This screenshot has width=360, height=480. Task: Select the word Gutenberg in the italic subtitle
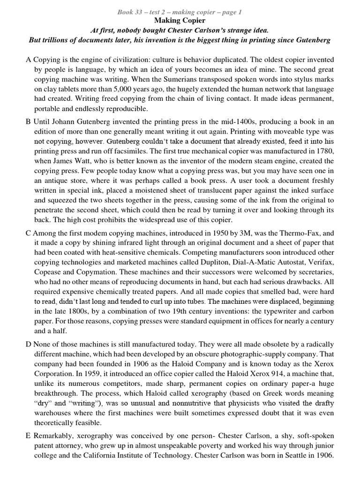(314, 40)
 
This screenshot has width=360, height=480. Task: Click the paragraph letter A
(28, 60)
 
